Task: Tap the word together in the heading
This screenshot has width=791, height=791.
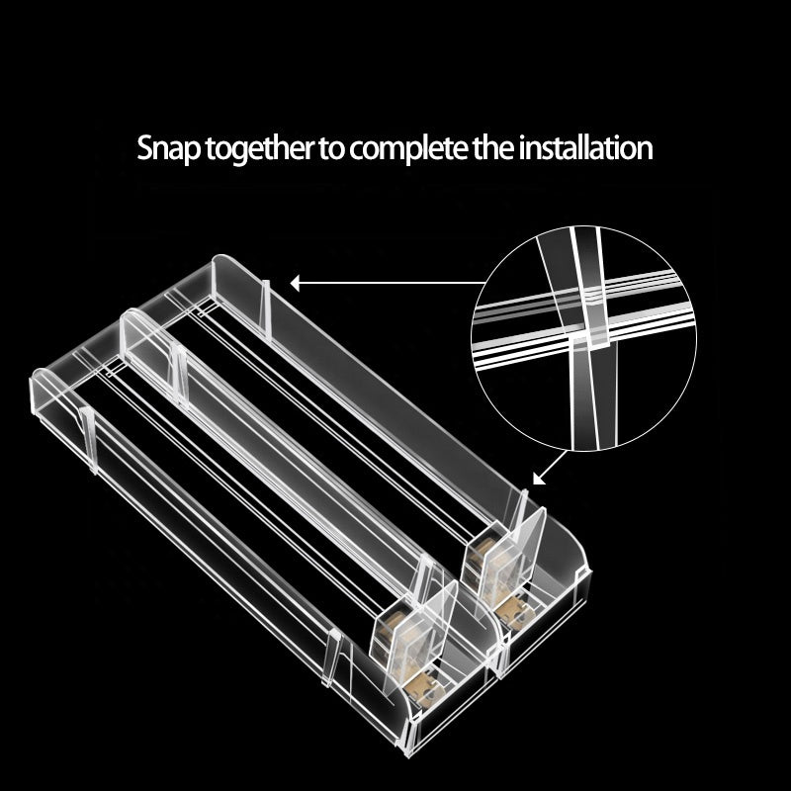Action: tap(259, 148)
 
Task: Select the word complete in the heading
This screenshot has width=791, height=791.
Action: tap(408, 148)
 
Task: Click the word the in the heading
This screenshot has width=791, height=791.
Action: tap(493, 147)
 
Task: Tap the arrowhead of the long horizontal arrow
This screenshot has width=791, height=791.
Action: tap(295, 284)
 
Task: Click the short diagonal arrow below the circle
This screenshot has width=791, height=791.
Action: tap(550, 468)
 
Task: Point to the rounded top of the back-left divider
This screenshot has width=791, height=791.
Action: tap(46, 376)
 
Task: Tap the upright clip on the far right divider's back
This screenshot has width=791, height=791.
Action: tap(266, 310)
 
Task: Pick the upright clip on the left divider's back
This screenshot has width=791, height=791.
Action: tap(89, 439)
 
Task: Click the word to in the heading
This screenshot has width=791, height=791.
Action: tap(331, 148)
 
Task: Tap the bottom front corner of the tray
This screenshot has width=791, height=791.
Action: tap(407, 755)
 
